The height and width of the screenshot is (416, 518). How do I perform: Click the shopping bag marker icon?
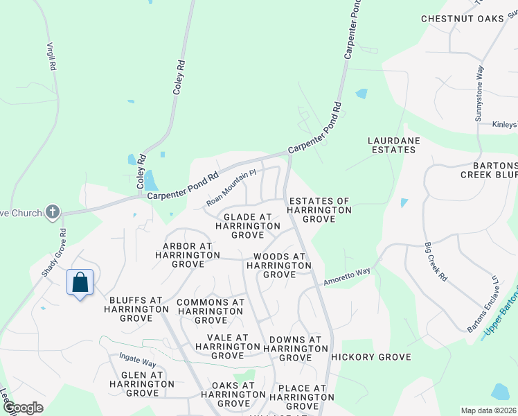click(x=80, y=283)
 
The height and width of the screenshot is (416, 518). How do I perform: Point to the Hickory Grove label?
click(x=370, y=357)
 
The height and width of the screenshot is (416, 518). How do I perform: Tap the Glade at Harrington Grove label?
click(x=248, y=226)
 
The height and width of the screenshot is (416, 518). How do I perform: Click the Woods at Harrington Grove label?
click(x=279, y=265)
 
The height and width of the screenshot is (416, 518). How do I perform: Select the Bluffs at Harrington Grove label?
click(x=135, y=309)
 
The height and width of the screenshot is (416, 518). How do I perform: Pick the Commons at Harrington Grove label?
click(x=211, y=311)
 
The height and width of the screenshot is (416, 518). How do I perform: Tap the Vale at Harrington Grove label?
click(x=227, y=346)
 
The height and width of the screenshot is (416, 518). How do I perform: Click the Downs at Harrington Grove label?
click(x=292, y=349)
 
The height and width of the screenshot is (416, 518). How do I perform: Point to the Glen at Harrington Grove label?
click(x=136, y=383)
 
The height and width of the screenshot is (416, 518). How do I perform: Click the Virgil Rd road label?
click(x=51, y=55)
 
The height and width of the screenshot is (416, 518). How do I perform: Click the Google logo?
click(x=23, y=408)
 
